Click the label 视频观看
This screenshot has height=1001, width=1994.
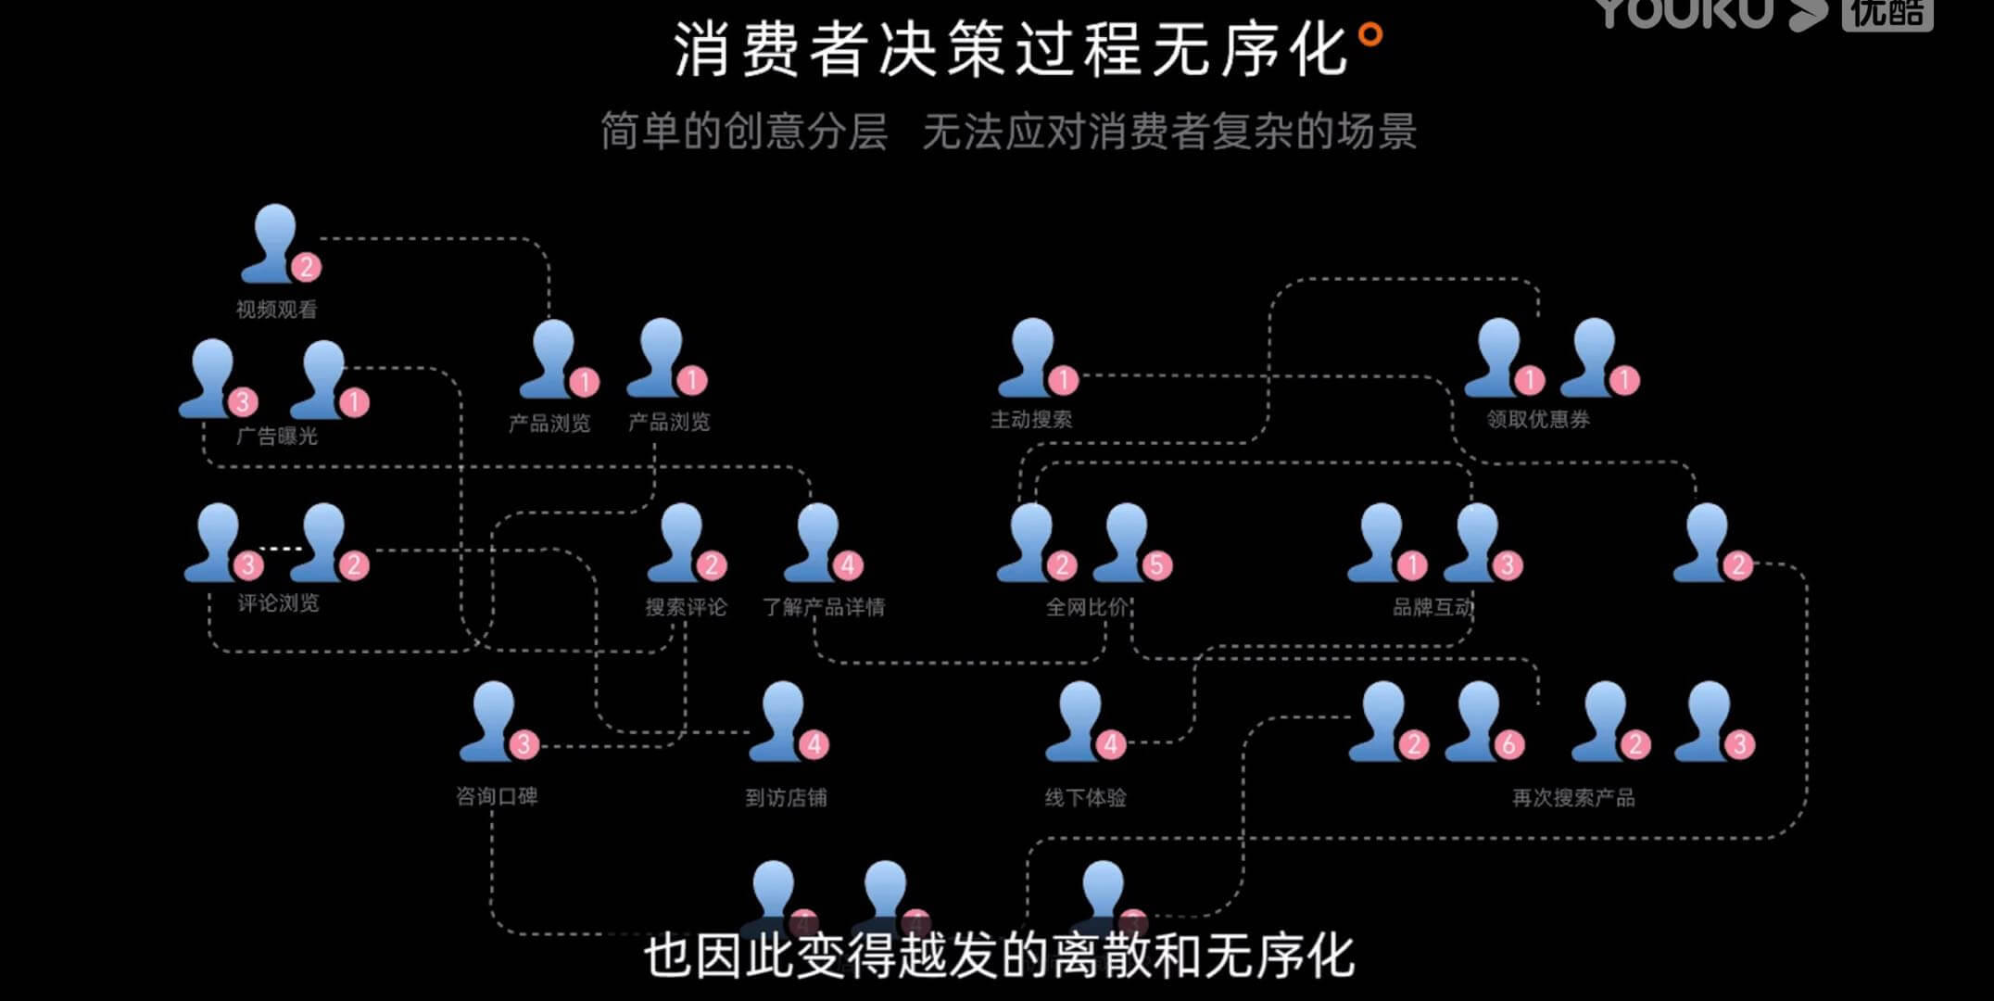pos(276,310)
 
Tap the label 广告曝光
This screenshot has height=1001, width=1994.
pos(276,436)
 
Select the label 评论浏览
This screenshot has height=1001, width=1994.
pos(278,603)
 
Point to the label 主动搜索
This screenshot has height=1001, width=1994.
pos(1031,420)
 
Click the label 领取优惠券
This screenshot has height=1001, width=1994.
pos(1538,420)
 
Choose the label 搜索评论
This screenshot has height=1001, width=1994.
pos(687,607)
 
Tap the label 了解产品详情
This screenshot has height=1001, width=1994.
pos(824,607)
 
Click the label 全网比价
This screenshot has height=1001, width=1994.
pos(1087,607)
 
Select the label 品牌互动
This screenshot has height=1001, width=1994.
pos(1433,607)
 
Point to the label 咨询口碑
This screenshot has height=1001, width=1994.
pos(497,796)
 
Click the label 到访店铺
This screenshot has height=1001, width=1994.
pos(786,797)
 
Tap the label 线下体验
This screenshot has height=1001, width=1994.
pos(1085,797)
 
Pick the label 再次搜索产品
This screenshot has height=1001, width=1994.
pos(1573,797)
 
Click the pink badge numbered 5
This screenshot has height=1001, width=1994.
pos(1156,564)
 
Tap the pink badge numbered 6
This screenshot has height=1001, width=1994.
pos(1508,744)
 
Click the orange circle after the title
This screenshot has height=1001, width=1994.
pos(1370,35)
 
